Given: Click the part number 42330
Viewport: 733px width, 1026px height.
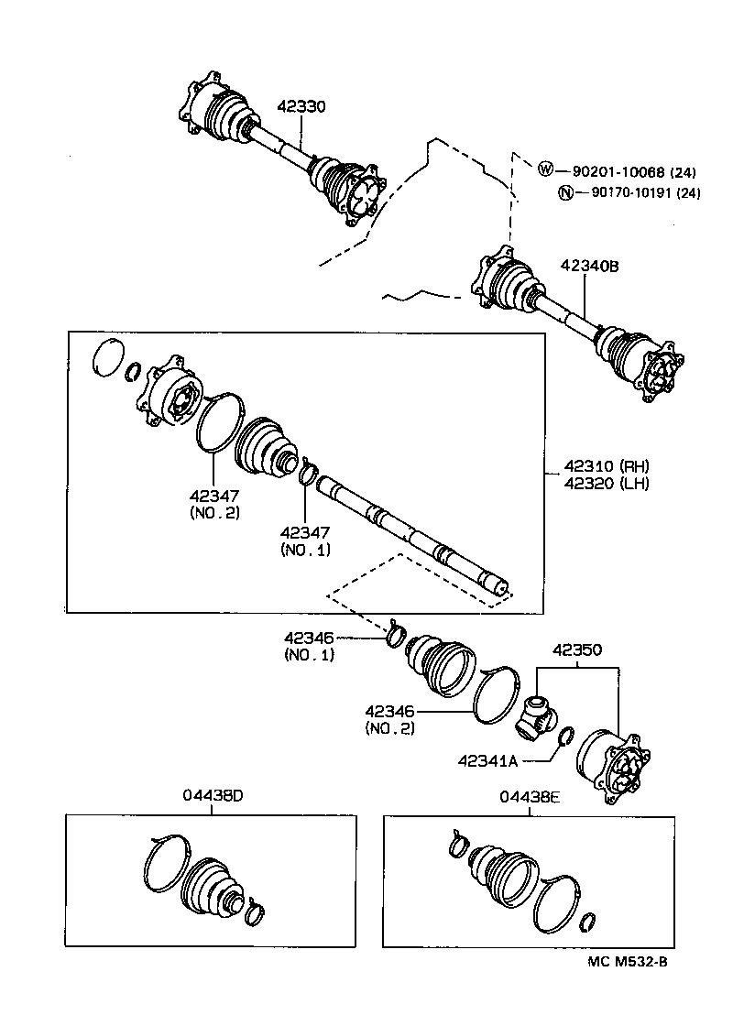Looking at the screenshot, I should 301,107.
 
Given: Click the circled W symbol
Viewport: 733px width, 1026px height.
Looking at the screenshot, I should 545,169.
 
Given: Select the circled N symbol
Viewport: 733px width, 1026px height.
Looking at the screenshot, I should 565,192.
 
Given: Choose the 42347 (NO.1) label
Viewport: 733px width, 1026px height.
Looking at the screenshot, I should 305,540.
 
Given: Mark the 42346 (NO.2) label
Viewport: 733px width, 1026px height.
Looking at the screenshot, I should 390,719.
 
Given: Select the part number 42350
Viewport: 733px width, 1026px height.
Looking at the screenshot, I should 576,651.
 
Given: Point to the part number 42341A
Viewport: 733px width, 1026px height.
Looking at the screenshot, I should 488,759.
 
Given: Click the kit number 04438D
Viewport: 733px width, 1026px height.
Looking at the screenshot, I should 211,796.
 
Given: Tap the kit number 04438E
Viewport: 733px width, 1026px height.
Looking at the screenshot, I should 529,797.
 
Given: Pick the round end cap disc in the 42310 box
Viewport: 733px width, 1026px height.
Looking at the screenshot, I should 108,356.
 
